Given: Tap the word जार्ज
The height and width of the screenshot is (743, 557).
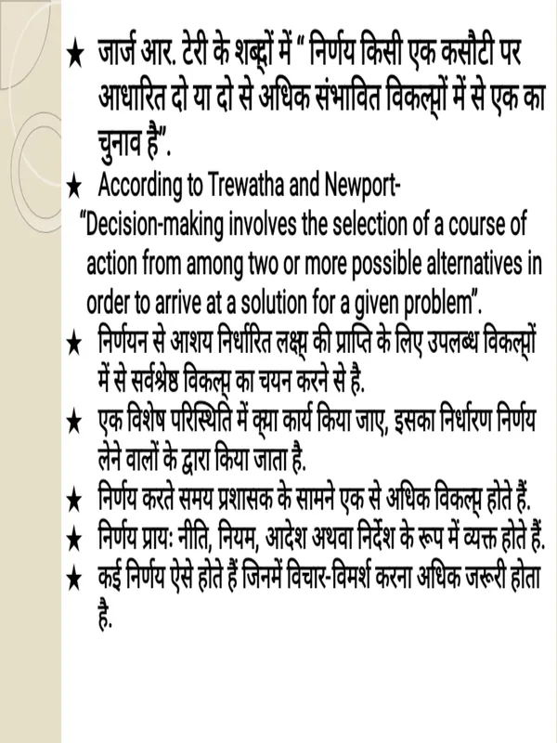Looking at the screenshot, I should pyautogui.click(x=123, y=54).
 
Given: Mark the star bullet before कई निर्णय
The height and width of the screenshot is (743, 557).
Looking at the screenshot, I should pyautogui.click(x=77, y=578).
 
